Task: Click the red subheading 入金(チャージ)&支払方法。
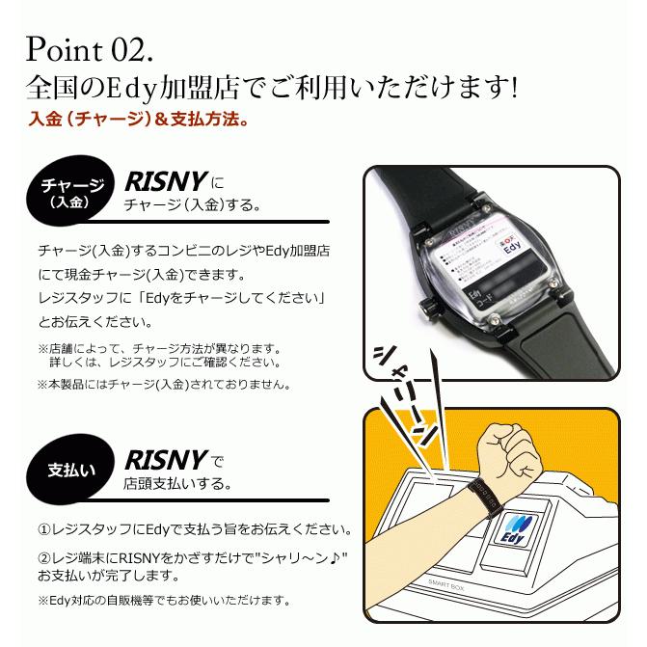point(141,122)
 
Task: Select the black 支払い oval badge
point(70,471)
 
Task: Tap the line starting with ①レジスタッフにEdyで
point(193,530)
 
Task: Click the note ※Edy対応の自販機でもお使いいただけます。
point(164,600)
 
